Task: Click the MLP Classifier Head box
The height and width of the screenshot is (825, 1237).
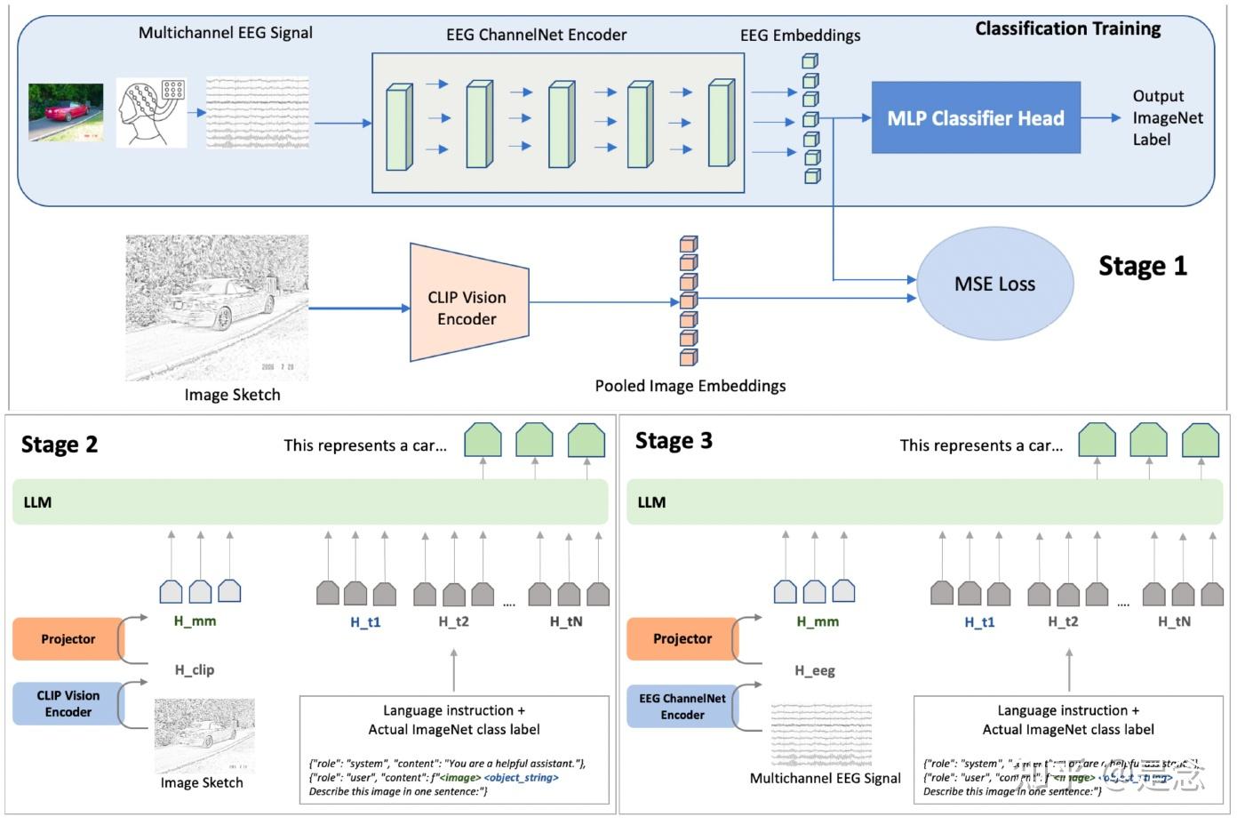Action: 975,118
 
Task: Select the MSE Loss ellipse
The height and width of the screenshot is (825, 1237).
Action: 994,284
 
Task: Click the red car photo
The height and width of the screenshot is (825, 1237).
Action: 66,113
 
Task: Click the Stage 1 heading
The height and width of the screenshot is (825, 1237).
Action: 1142,266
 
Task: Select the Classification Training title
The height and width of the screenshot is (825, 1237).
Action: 1067,28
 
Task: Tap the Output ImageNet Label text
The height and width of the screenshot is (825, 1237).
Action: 1166,117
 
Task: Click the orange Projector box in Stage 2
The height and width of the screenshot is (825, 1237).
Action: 68,639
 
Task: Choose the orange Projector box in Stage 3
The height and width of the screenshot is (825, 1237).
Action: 682,639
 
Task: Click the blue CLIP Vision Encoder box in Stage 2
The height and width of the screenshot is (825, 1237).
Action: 68,703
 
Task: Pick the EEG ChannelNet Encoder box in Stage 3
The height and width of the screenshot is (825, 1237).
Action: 682,707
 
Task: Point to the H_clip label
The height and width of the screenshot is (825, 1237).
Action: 194,670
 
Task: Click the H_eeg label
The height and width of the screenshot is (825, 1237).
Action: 814,671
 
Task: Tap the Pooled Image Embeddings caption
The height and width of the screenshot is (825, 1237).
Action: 690,386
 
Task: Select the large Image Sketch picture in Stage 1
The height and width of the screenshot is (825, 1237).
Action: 217,308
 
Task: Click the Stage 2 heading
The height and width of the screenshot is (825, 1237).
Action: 60,445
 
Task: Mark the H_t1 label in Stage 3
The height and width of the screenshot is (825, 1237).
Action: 979,622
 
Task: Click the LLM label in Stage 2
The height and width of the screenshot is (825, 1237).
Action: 37,502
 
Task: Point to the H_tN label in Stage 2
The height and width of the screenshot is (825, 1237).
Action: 566,621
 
